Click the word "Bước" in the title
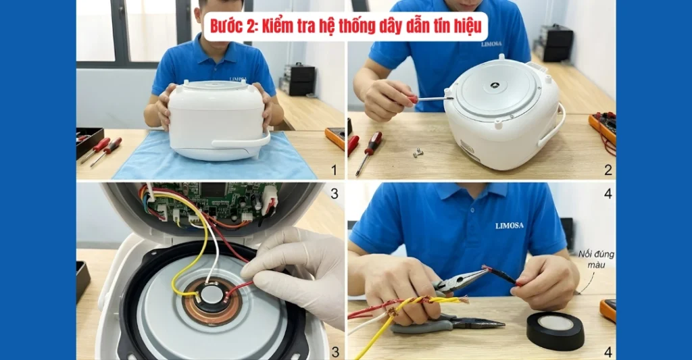228,26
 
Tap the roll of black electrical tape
555,330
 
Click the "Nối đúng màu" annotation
596,260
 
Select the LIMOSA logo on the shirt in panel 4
514,226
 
